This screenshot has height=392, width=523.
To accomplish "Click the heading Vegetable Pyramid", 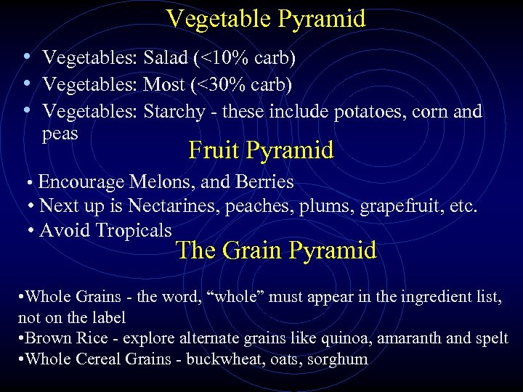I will tap(266, 19).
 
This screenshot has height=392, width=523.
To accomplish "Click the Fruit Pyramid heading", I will tap(261, 150).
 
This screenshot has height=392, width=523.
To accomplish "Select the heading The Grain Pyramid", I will tap(276, 250).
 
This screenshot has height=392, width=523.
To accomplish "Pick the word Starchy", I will tap(174, 112).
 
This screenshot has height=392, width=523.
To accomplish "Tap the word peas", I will tap(60, 134).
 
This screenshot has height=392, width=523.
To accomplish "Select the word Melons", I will tap(158, 181).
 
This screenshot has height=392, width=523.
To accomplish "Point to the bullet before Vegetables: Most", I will tap(27, 83).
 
